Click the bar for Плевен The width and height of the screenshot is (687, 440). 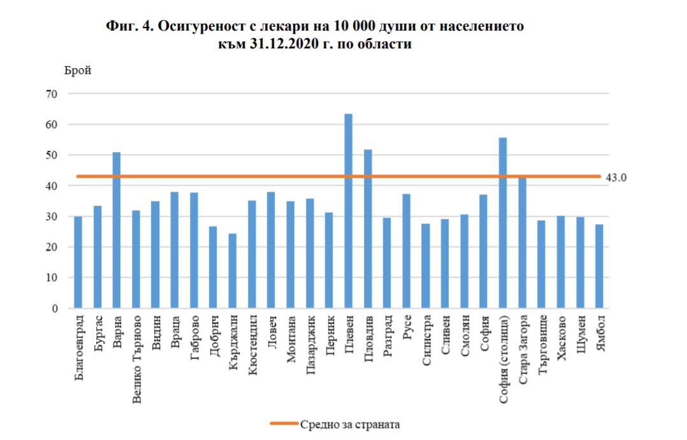349,211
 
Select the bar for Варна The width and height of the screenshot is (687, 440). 117,231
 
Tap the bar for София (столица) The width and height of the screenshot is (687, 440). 503,223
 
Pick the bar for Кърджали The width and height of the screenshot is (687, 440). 233,271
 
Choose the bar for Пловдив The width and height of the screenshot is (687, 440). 368,229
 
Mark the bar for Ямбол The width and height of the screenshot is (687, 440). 599,266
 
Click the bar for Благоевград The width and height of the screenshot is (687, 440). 78,262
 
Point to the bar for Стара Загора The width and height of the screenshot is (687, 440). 523,243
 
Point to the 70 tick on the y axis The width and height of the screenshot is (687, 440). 51,94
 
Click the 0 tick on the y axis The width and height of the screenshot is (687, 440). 55,309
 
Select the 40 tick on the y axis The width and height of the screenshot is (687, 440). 51,186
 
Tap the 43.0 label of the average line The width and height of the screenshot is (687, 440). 616,178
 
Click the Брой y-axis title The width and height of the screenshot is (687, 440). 78,71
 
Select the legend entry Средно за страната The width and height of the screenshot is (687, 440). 335,424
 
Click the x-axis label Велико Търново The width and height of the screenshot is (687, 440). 136,359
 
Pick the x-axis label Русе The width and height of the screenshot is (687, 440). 407,327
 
